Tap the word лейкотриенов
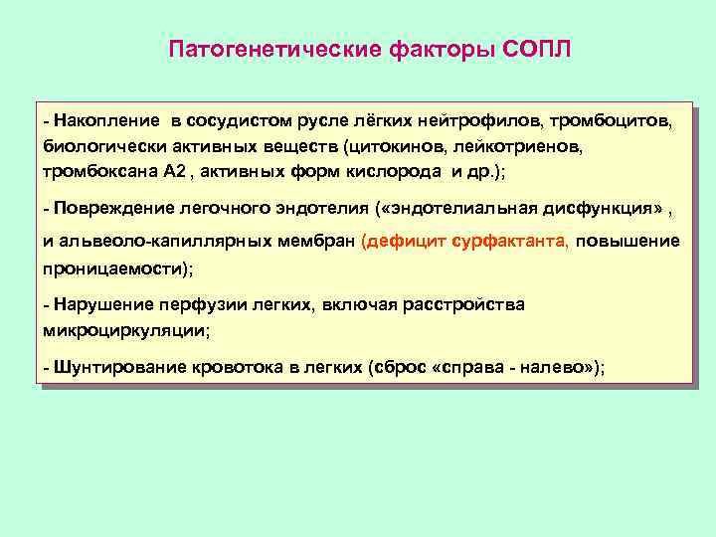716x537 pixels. pos(508,146)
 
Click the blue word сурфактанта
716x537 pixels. pos(509,241)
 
